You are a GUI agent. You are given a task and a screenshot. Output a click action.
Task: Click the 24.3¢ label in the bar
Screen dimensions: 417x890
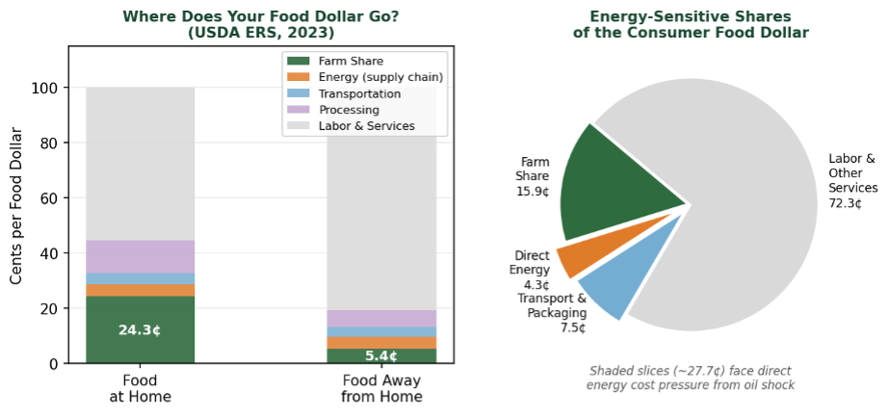(x=140, y=330)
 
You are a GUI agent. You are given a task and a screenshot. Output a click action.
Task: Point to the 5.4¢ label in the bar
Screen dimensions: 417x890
(x=381, y=356)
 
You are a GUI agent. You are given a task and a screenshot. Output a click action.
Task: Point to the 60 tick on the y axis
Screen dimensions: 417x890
(x=54, y=198)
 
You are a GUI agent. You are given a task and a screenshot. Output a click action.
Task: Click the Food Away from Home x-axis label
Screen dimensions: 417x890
(x=381, y=388)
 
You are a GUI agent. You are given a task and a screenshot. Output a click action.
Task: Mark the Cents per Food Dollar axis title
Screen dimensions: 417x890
(x=17, y=219)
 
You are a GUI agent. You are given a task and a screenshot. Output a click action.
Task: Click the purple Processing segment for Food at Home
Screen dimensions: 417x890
(x=141, y=256)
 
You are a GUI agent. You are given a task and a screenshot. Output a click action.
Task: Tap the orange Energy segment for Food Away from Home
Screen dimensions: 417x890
(x=381, y=343)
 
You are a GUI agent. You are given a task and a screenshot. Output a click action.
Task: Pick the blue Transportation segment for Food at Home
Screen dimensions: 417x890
(x=141, y=279)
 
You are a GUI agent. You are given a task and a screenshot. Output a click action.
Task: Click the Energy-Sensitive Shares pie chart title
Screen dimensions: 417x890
(x=690, y=25)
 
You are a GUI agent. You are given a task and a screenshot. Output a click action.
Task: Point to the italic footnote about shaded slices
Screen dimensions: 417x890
(x=690, y=378)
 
